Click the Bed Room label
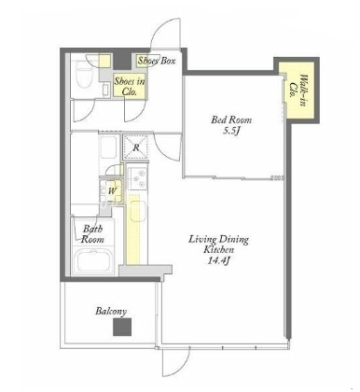coord(231,119)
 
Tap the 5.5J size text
coord(231,132)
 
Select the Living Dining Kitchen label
coord(219,245)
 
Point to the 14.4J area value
coord(218,260)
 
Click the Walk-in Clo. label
coord(298,91)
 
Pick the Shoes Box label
coord(157,61)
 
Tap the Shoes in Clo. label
coord(130,86)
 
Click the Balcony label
coord(111,312)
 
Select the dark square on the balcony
coord(122,327)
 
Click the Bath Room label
coord(92,234)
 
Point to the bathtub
coord(93,260)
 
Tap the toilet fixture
coord(83,75)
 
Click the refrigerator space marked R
coord(136,147)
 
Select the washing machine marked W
coord(111,190)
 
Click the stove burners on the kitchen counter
coord(138,179)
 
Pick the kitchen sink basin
coord(137,211)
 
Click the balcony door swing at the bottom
coord(176,362)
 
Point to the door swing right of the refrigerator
coord(167,147)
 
